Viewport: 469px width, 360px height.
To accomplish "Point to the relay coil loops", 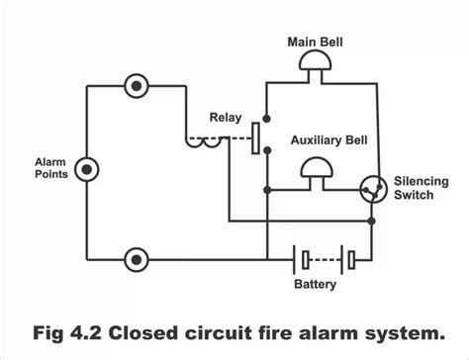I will coord(206,140).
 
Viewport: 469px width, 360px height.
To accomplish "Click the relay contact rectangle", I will coord(256,137).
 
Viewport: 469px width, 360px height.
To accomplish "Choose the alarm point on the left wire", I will coord(88,169).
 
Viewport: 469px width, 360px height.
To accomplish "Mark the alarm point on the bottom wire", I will coord(136,260).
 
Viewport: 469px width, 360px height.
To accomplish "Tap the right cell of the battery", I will coord(349,260).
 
